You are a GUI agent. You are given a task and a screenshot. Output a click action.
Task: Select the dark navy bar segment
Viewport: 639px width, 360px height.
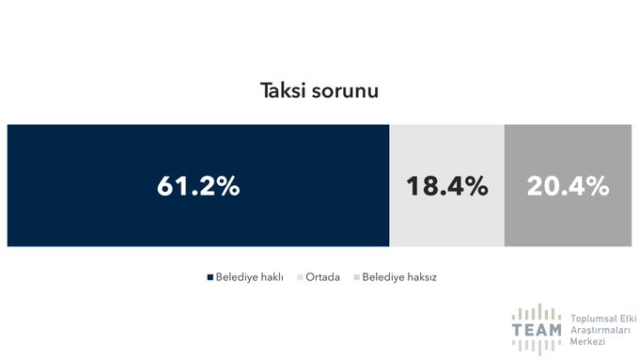tap(94, 150)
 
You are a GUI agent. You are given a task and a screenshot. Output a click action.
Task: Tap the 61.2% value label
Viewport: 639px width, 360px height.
tap(198, 186)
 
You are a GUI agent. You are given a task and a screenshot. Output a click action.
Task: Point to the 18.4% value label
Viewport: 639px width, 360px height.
tap(446, 186)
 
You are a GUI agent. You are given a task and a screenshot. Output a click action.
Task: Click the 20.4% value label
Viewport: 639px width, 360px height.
tap(568, 186)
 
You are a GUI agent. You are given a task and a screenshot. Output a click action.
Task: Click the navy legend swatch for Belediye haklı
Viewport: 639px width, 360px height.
tap(210, 277)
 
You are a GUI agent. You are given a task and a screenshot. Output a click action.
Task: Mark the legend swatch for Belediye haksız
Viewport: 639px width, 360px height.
tap(356, 277)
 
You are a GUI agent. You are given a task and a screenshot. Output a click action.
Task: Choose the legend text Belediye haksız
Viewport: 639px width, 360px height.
tap(400, 277)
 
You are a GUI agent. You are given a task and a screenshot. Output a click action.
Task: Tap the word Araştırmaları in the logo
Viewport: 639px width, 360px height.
tap(601, 332)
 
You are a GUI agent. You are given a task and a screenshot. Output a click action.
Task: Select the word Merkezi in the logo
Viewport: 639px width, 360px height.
tap(589, 343)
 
